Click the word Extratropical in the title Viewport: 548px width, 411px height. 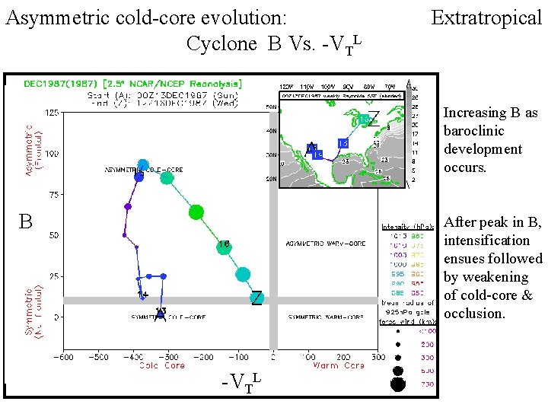tap(486, 17)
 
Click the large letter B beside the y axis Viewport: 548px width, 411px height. tap(25, 222)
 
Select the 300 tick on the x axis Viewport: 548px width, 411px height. tap(377, 355)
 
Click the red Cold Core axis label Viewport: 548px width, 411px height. tap(161, 366)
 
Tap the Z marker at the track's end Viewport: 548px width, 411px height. tap(257, 299)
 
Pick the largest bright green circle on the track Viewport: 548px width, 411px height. tap(196, 212)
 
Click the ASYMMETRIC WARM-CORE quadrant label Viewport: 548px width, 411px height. tap(325, 244)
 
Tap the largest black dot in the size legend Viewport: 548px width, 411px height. tap(397, 384)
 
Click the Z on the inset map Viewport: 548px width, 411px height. tap(374, 116)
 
